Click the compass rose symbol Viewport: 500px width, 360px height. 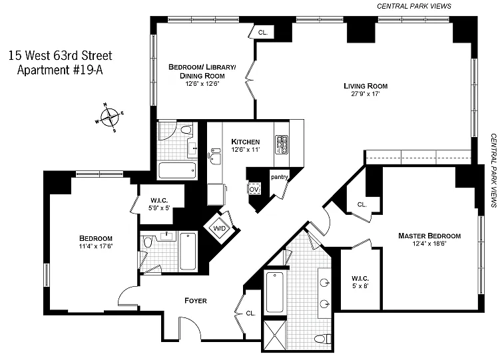point(110,117)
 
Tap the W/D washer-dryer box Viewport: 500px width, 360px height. point(220,228)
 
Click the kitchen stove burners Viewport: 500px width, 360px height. point(282,144)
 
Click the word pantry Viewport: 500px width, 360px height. point(280,177)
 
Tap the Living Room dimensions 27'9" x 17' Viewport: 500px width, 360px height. point(366,94)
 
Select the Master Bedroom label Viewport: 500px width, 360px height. point(429,236)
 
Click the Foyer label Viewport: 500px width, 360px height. point(196,300)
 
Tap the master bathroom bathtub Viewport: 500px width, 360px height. point(275,292)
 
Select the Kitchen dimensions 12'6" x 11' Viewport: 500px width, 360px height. point(246,150)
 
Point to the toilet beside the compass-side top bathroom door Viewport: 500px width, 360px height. point(186,130)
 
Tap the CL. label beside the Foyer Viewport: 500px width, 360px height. point(251,313)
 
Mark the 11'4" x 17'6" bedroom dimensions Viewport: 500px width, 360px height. point(96,246)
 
